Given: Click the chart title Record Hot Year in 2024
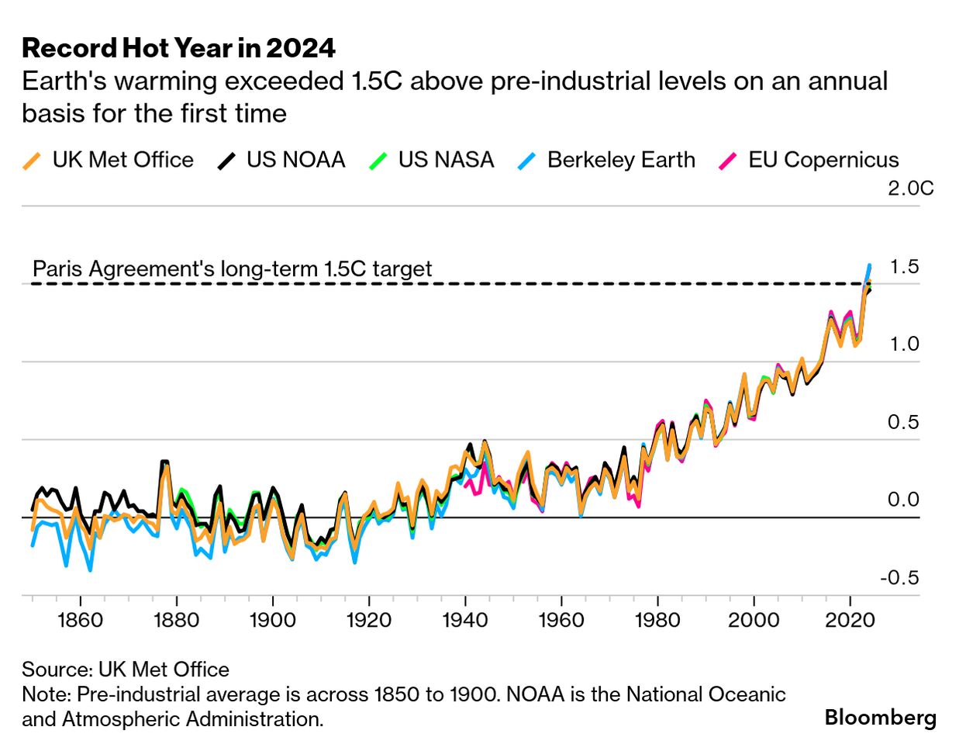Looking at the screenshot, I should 178,48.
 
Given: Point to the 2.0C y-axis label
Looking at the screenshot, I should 910,188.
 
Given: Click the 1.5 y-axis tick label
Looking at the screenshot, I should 904,267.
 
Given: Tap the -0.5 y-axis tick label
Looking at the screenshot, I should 899,578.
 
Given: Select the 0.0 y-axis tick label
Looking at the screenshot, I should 903,500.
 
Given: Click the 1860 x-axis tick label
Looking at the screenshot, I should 81,620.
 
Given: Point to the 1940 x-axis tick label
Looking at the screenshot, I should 465,620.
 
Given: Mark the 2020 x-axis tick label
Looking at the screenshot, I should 850,620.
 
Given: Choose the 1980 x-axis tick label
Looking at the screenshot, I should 657,620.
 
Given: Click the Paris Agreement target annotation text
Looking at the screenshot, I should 232,269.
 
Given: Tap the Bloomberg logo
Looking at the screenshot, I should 880,718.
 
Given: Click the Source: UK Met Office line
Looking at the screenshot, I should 126,670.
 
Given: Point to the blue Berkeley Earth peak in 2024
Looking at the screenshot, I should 869,266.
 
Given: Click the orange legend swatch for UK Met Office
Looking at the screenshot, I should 31,161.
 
